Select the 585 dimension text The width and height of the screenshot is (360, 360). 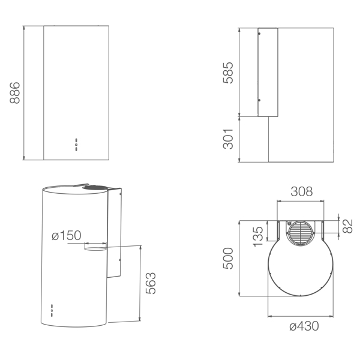tap(229, 72)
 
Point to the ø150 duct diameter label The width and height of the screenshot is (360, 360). tap(66, 236)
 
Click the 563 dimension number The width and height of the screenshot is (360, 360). tap(151, 284)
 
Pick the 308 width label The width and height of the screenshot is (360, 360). tap(302, 192)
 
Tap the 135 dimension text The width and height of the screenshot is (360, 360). tap(259, 236)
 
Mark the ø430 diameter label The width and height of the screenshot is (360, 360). tap(304, 326)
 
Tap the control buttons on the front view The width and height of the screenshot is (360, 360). tap(76, 143)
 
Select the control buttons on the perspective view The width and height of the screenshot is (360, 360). tap(52, 310)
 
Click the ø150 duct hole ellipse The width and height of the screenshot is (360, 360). tap(95, 247)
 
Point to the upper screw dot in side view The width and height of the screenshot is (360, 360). tap(259, 35)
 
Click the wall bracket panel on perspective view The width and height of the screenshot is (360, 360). tap(115, 234)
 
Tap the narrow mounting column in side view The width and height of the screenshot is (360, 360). tap(268, 72)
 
